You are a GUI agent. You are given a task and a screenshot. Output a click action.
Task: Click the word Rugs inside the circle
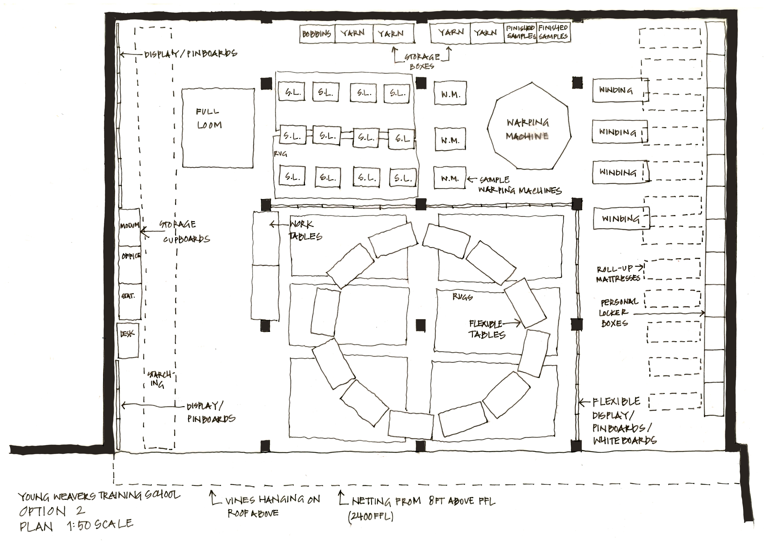[x=462, y=296]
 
